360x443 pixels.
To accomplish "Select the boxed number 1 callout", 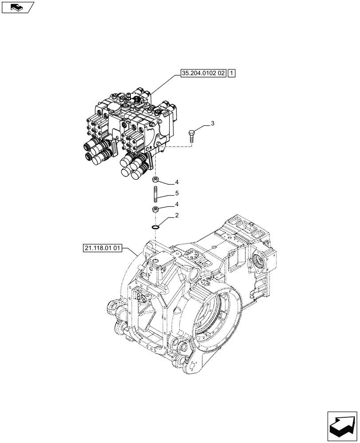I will pos(233,74).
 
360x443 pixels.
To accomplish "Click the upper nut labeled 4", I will pos(156,179).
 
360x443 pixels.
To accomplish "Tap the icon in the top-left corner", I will pos(18,7).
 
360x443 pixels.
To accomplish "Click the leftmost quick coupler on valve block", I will pos(87,146).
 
